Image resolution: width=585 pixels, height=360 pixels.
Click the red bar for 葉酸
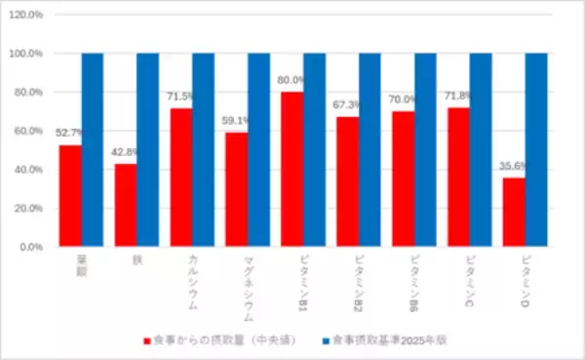69,196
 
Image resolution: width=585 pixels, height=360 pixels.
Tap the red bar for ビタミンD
514,213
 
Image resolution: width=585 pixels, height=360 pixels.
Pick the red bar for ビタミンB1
292,170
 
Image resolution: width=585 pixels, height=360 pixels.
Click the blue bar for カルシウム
203,150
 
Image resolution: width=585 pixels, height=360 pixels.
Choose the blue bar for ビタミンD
536,150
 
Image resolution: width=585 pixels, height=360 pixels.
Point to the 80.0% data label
292,81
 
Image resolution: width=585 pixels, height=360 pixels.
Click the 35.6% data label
515,166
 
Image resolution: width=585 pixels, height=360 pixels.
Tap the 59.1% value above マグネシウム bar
237,121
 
